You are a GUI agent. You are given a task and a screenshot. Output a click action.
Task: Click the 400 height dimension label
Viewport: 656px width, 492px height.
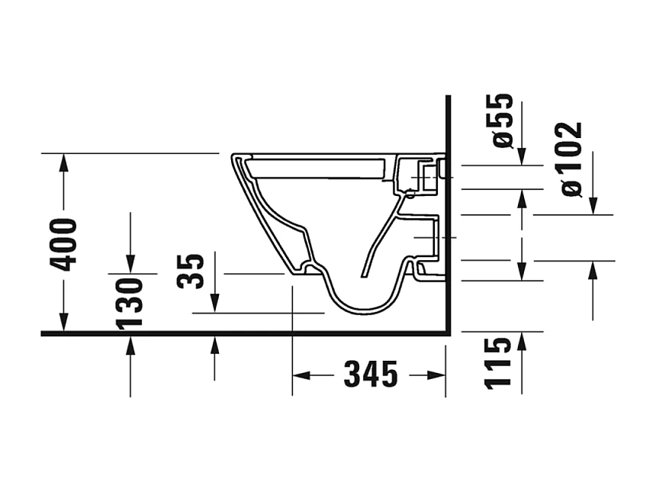tap(64, 244)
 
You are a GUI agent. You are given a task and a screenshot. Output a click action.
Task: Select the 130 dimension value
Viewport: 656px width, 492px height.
tap(131, 302)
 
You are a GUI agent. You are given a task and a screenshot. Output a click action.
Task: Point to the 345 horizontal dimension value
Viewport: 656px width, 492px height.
tap(371, 375)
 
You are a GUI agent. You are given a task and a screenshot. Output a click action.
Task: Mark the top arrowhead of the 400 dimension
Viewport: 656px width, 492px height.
tap(64, 162)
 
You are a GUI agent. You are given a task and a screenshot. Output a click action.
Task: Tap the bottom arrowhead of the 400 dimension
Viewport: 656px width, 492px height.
tap(64, 324)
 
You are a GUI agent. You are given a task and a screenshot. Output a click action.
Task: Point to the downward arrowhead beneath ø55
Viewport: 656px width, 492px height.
tap(522, 156)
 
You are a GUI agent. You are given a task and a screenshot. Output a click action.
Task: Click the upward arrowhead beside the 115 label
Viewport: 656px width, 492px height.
tap(522, 340)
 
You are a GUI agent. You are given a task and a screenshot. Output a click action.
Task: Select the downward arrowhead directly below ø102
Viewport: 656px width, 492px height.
tap(593, 206)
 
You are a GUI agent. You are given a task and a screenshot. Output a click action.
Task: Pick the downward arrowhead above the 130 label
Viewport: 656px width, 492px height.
tap(131, 264)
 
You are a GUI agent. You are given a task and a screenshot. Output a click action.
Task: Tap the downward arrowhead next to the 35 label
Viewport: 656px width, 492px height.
tap(216, 304)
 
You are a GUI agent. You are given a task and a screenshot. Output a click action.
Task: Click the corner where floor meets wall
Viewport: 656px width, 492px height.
tap(448, 333)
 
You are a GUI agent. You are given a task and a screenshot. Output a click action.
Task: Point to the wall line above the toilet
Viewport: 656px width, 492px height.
tap(449, 122)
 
